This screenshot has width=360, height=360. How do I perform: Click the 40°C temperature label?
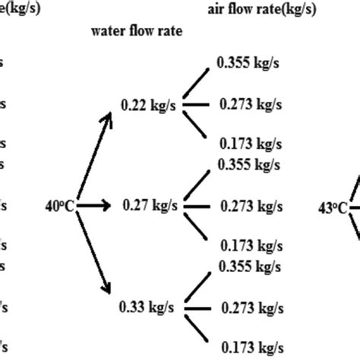pos(60,205)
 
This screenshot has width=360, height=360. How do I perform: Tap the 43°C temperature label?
pos(333,206)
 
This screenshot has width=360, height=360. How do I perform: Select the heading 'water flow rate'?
pos(137,32)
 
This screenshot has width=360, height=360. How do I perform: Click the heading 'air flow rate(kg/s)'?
pos(262,9)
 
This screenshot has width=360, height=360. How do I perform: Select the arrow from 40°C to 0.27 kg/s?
pos(93,205)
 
